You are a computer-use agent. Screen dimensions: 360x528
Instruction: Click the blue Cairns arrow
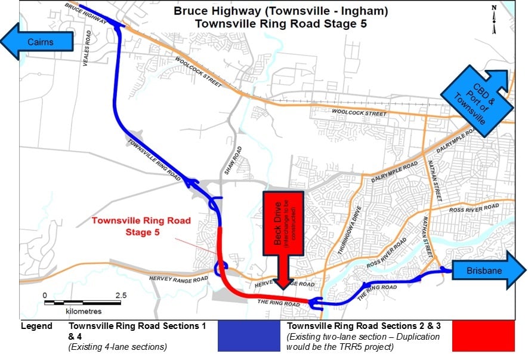pyautogui.click(x=37, y=42)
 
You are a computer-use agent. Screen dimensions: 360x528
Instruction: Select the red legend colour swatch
pyautogui.click(x=483, y=336)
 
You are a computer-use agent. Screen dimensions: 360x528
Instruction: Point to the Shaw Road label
pyautogui.click(x=237, y=159)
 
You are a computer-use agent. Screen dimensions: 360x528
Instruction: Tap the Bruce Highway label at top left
pyautogui.click(x=84, y=13)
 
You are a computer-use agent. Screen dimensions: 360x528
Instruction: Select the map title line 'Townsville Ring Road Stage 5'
pyautogui.click(x=280, y=24)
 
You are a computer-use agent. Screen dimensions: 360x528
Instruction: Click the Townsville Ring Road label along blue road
pyautogui.click(x=154, y=154)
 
